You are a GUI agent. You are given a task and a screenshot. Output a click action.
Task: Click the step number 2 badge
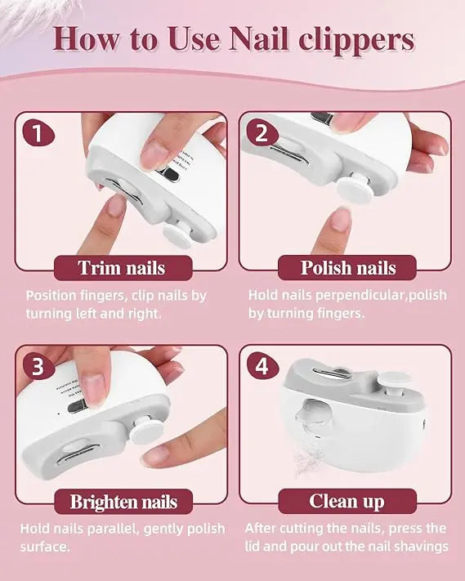(x=262, y=132)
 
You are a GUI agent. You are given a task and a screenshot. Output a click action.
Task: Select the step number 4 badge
(x=262, y=366)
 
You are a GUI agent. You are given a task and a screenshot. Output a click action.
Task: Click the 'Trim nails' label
(x=121, y=267)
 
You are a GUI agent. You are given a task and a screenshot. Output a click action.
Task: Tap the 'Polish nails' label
(x=348, y=267)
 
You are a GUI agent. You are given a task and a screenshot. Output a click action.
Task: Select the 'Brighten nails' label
(x=123, y=501)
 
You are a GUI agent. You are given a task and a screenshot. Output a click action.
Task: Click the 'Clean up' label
(x=347, y=501)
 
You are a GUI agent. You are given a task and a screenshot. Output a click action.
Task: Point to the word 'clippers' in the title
(x=355, y=38)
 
